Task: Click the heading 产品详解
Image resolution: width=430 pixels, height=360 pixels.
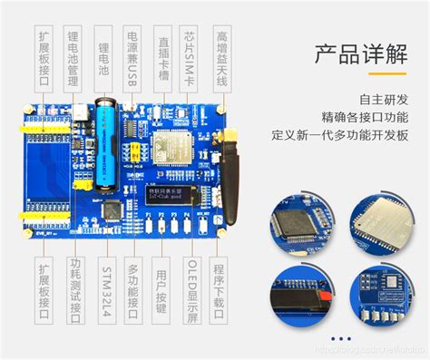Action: (x=361, y=54)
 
